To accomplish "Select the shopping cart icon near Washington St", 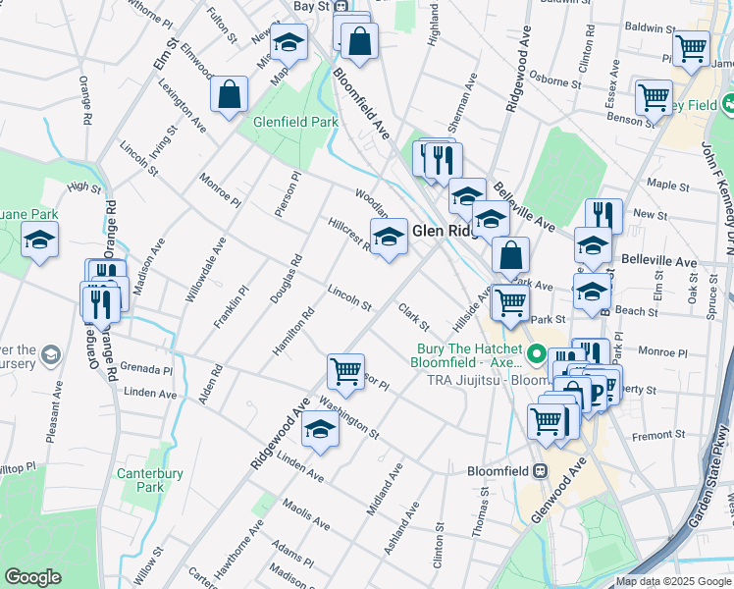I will pos(345,372).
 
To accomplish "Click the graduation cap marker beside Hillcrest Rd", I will pos(389,237).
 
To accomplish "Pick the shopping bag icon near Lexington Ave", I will pos(229,95).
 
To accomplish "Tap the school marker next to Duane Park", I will pos(39,240).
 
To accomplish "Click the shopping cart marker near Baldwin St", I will pos(691,46).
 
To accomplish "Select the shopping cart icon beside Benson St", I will pos(654,98).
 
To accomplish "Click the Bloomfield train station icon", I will pos(540,471).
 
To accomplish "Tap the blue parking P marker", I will pos(595,395).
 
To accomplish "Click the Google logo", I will pos(32,577).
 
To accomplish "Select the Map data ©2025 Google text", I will pos(673,581).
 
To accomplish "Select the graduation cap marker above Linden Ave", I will pos(320,430).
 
